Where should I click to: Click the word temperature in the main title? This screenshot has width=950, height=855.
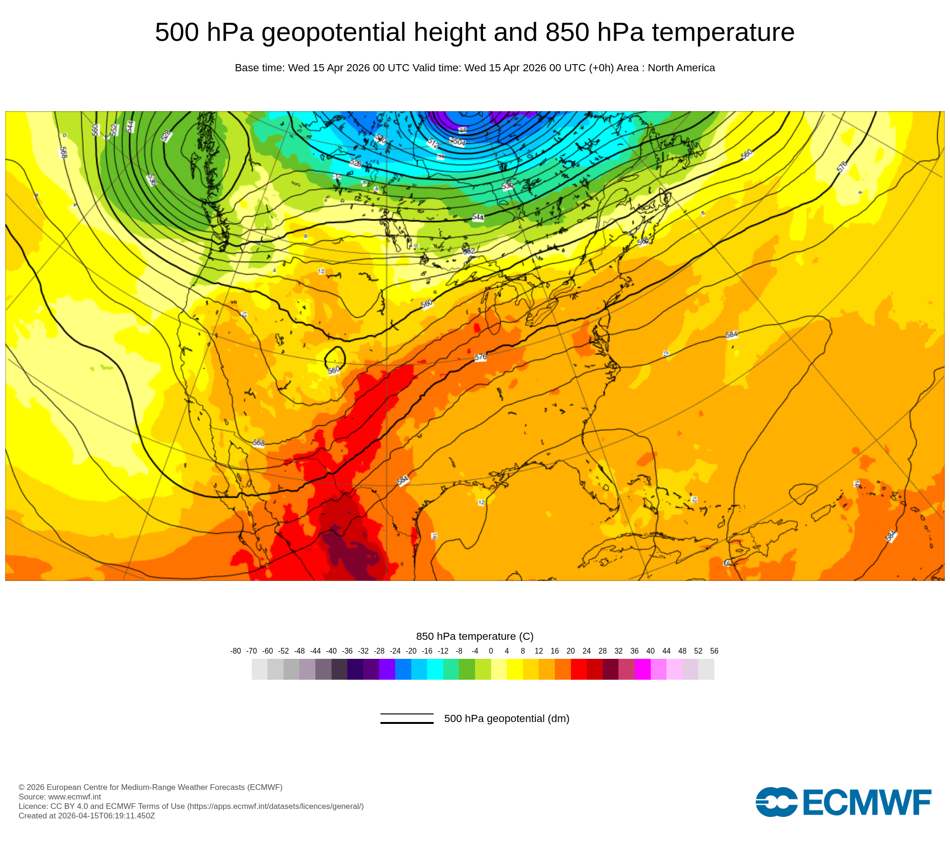coord(723,32)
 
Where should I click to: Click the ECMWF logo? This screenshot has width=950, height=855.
coord(843,802)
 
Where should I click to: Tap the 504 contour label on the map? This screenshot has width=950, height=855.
coord(458,142)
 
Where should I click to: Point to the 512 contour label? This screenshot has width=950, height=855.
coord(433,143)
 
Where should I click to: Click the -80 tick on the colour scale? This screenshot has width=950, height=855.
coord(236,651)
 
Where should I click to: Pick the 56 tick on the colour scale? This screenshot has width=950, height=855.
coord(714,651)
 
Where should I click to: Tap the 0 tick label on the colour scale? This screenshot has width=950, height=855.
coord(491,651)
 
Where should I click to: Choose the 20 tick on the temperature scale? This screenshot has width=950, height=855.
coord(570,651)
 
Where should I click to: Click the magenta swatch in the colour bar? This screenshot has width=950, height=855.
coord(642,669)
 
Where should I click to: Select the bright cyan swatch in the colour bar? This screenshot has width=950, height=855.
coord(435,669)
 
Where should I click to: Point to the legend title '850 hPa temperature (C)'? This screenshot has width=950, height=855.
coord(475,636)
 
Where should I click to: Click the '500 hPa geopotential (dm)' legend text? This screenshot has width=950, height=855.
coord(506,718)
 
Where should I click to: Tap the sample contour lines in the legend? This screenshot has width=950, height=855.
coord(407,718)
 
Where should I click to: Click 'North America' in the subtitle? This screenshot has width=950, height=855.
coord(681,68)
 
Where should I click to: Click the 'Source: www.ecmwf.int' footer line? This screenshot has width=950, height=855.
coord(60,797)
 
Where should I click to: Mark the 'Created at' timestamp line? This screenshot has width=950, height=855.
coord(87,816)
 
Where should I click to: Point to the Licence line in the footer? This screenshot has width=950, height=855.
coord(191,806)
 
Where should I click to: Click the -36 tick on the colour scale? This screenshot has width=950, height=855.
coord(348,651)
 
